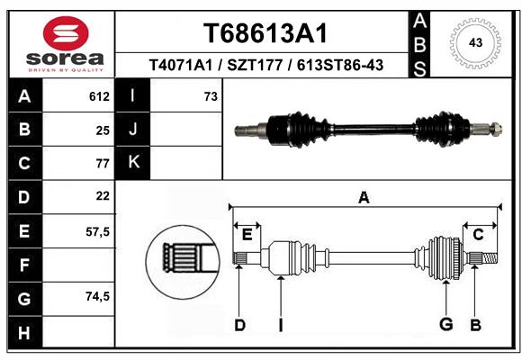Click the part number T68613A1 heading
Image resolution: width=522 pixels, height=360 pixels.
point(265,33)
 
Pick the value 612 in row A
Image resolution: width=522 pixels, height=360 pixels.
point(99,96)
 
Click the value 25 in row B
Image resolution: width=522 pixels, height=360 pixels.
point(102,130)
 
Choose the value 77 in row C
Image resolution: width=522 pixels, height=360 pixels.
point(102,163)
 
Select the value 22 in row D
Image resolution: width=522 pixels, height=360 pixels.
point(102,196)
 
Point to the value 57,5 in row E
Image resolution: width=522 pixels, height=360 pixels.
point(97,230)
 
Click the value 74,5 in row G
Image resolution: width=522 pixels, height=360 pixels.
point(97,297)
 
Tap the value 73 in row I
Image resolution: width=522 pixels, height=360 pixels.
point(211,96)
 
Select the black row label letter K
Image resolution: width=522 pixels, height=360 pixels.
point(133,163)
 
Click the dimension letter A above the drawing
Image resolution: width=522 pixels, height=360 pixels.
point(364,198)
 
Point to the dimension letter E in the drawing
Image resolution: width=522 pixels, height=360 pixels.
point(247,234)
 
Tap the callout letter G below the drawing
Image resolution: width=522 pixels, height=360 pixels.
point(445,325)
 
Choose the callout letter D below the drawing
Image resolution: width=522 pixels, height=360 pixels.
point(239,325)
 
